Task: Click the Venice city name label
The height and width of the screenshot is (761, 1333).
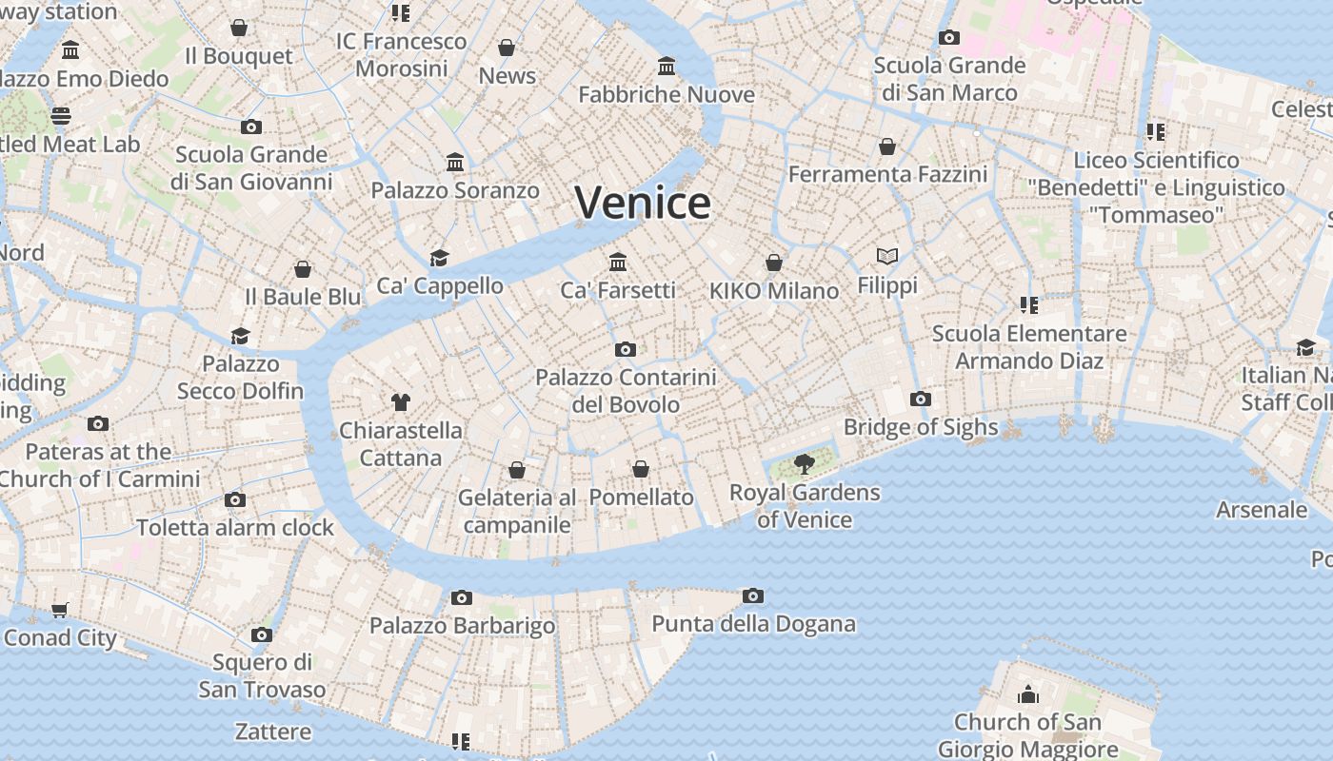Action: point(643,203)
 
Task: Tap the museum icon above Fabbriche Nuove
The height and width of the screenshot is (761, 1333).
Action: point(666,67)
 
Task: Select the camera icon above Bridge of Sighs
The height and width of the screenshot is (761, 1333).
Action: point(920,399)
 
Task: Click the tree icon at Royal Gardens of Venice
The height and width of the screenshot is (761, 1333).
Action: point(805,464)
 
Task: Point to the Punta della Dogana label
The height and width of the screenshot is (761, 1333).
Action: point(753,624)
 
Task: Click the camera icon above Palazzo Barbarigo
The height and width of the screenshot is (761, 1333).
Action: point(462,597)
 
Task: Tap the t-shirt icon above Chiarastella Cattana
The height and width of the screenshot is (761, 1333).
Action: point(401,402)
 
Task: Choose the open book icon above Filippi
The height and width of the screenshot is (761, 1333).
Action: point(887,257)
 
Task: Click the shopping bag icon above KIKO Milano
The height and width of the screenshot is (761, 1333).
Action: point(774,263)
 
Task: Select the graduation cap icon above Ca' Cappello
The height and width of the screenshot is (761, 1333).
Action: point(439,258)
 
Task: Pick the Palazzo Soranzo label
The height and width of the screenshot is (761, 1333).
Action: point(455,190)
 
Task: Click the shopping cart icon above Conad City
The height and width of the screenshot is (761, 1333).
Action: point(60,610)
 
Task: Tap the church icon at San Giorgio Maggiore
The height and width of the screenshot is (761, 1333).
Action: point(1027,694)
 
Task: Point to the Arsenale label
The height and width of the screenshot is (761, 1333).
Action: point(1262,510)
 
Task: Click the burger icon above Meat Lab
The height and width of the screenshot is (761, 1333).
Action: point(61,116)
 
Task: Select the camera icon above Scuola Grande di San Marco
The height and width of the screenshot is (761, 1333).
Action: point(948,38)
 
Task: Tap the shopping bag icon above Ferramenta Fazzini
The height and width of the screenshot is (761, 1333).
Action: point(887,146)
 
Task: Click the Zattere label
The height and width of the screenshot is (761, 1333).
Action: point(273,732)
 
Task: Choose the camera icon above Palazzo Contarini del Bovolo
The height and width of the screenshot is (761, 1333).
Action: point(626,349)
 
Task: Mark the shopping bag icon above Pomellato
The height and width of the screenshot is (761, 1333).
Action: point(641,469)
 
